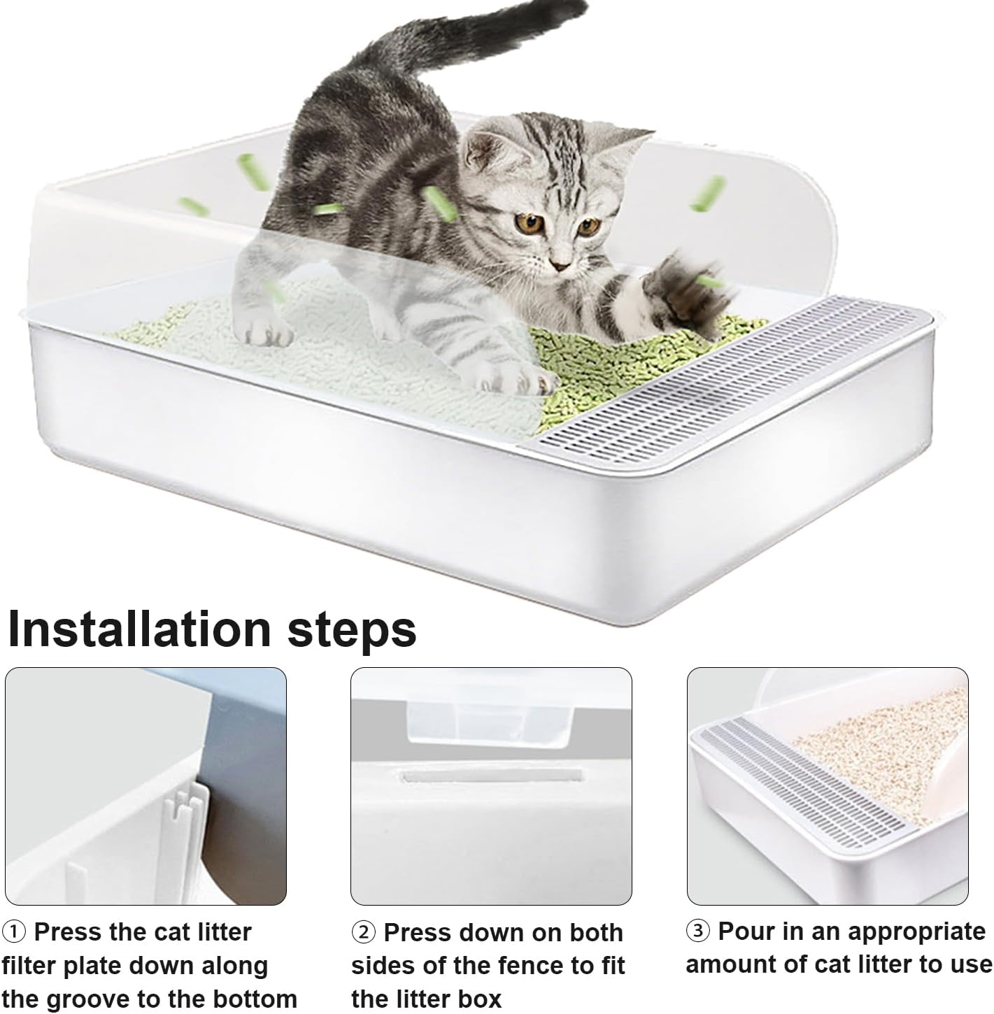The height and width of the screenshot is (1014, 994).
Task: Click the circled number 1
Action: click(x=15, y=932)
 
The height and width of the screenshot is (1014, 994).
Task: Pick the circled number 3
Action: click(x=698, y=931)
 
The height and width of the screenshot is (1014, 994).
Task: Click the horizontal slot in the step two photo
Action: click(x=491, y=776)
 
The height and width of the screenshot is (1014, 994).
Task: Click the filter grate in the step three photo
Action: click(x=804, y=783)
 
